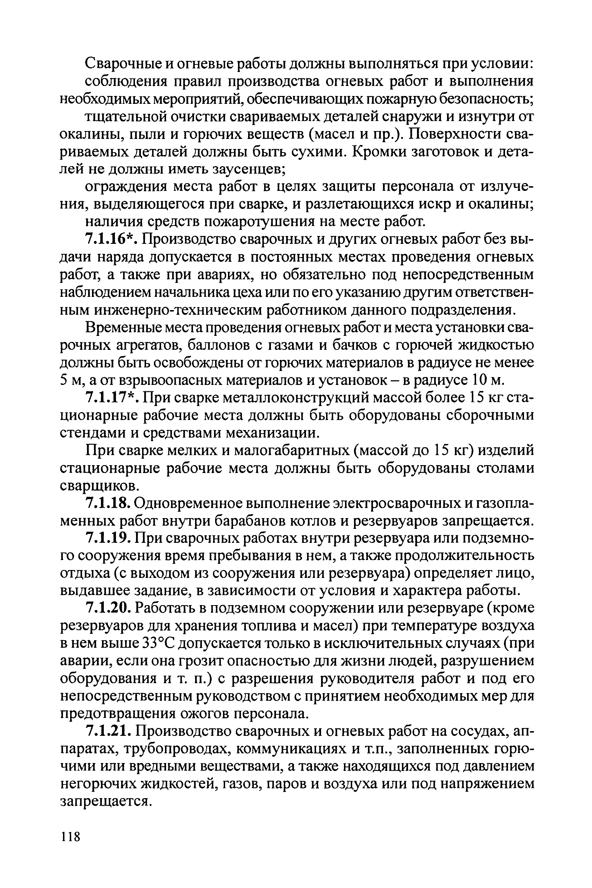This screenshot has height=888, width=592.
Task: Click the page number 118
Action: tap(70, 836)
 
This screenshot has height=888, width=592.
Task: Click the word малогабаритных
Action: tap(296, 450)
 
